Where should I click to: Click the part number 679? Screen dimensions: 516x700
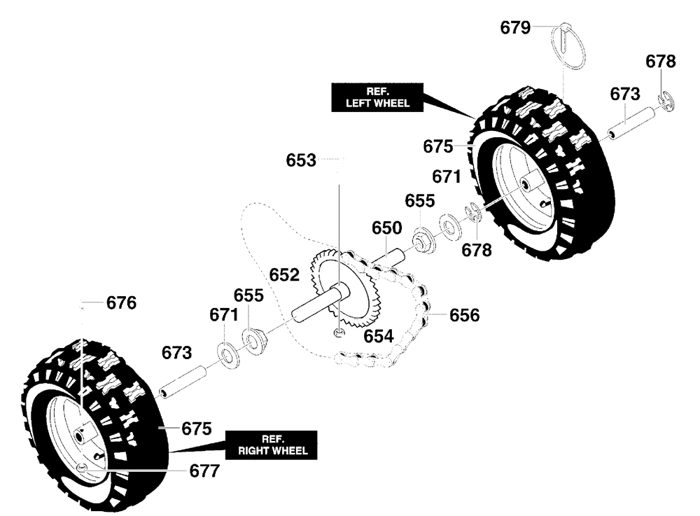[515, 28]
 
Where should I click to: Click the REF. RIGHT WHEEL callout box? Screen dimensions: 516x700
[272, 445]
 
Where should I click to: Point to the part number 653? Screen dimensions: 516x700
[301, 160]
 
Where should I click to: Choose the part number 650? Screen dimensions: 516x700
[386, 228]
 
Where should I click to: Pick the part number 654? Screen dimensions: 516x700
[378, 337]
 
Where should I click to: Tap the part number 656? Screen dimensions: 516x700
[465, 316]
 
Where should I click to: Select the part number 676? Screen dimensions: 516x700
[122, 304]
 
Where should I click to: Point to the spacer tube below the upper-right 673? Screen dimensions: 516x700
[629, 122]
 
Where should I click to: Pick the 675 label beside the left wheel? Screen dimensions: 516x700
[438, 147]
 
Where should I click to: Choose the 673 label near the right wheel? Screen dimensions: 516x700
[177, 352]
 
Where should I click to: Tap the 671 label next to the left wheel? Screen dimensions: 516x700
[446, 176]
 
